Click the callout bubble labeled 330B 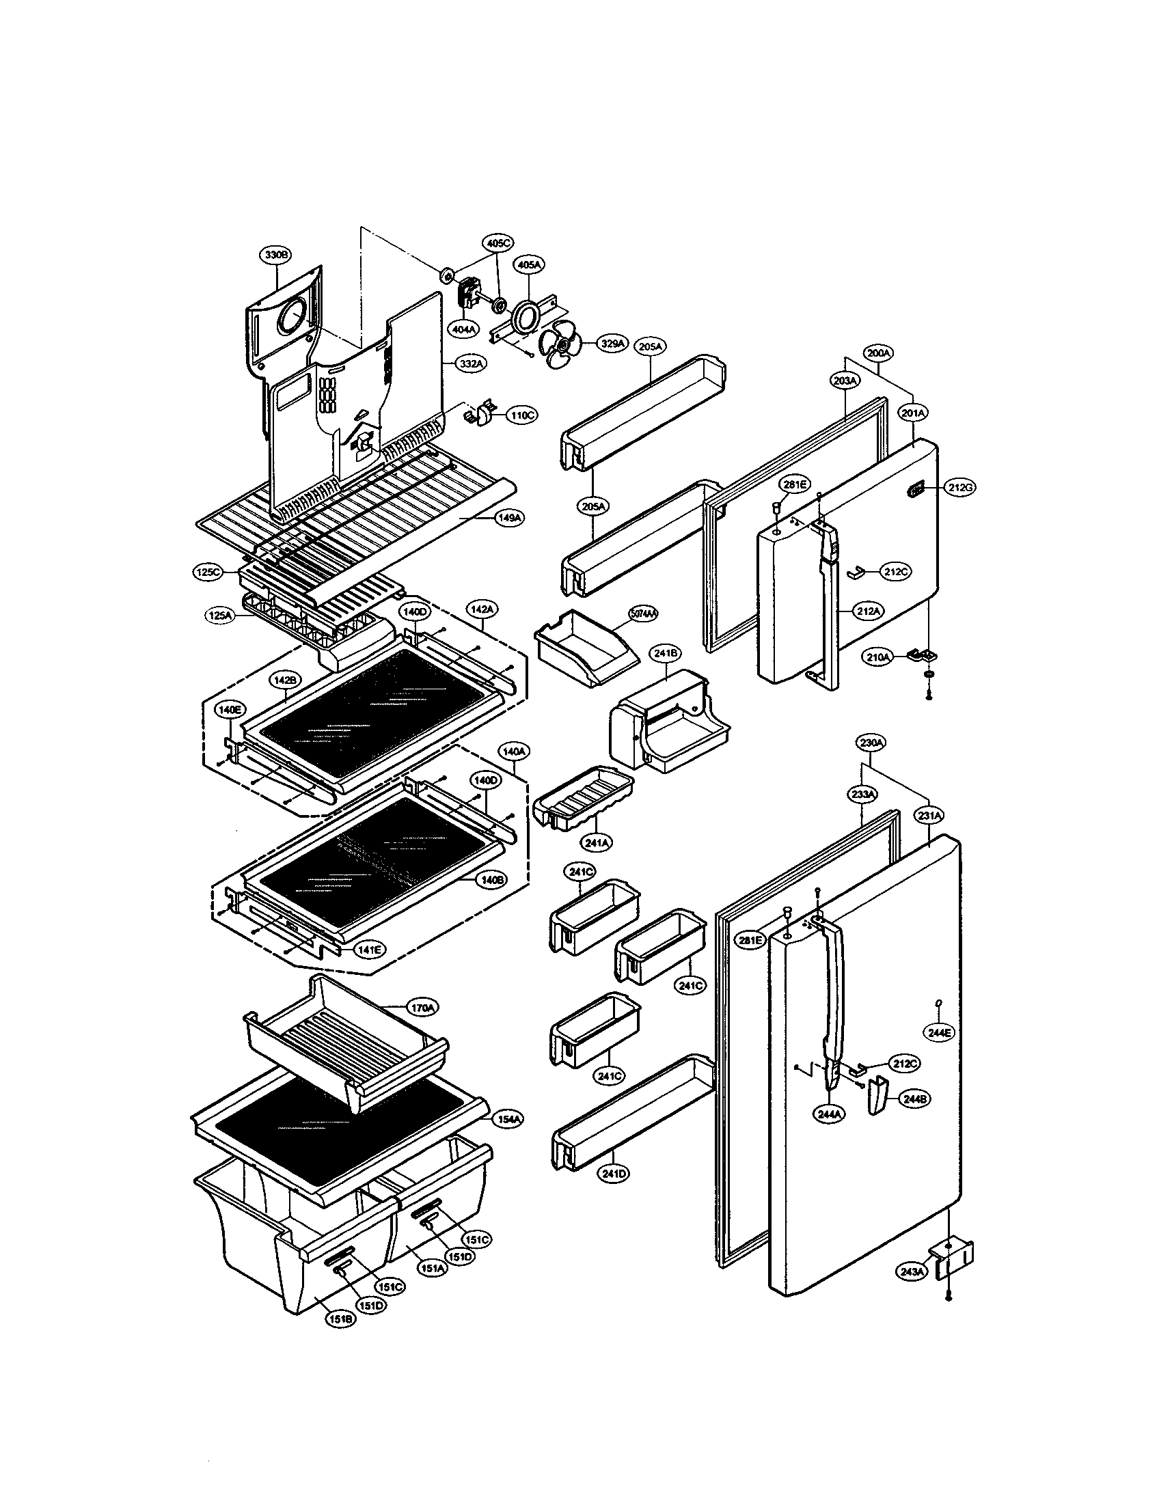tap(275, 255)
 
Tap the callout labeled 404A tap(465, 330)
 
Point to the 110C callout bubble tap(522, 415)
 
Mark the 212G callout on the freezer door tap(959, 488)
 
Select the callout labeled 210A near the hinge tap(879, 657)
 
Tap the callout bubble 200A tap(878, 354)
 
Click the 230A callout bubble tap(871, 743)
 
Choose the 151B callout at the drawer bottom tap(340, 1319)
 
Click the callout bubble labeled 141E tap(369, 950)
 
